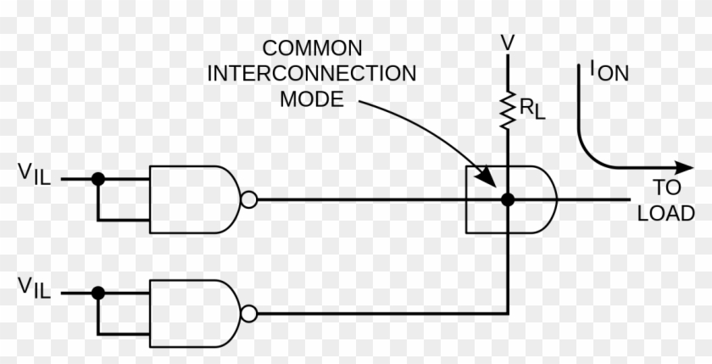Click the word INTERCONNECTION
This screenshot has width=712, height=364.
pos(312,73)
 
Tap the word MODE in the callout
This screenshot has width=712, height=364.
pos(312,99)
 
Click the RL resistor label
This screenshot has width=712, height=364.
pos(531,108)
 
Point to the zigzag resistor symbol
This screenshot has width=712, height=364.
pos(507,109)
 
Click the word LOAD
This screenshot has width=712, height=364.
pos(666,213)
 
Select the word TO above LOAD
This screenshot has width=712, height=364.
pos(667,188)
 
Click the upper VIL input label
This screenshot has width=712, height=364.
pos(35,174)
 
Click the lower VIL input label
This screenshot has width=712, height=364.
pos(35,288)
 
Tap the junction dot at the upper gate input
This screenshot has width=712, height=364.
pos(98,179)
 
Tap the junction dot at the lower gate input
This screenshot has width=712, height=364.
pos(98,293)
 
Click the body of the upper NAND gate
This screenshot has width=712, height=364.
pos(191,199)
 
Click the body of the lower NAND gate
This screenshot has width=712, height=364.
pos(191,313)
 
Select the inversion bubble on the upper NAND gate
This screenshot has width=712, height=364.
pos(248,199)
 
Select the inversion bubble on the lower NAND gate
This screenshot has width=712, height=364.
pos(248,313)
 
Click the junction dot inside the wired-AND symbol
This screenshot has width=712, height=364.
pos(507,200)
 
